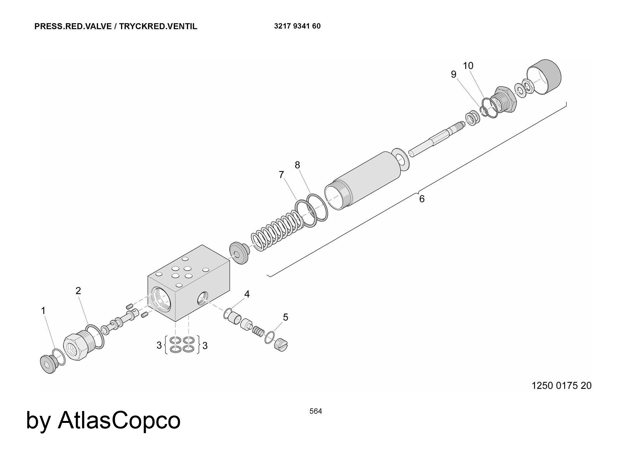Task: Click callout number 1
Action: [43, 311]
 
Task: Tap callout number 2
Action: [78, 291]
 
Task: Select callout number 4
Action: [247, 294]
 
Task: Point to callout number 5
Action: [285, 317]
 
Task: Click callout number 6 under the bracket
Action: [422, 199]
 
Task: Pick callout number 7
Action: [282, 175]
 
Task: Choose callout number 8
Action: [297, 165]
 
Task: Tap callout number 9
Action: [453, 74]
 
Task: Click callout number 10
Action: [468, 66]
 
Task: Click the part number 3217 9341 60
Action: [297, 26]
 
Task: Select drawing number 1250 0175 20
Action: [561, 385]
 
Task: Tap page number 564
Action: [316, 411]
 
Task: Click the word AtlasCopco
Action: [119, 420]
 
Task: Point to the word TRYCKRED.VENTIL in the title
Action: [158, 26]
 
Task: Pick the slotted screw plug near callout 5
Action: [281, 345]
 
